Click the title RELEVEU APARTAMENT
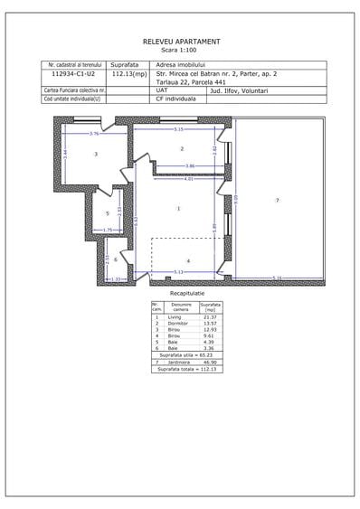(181, 42)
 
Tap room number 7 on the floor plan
(277, 199)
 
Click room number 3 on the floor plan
(95, 155)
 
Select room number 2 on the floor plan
(182, 148)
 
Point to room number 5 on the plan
(107, 213)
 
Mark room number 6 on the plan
(115, 259)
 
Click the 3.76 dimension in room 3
(93, 134)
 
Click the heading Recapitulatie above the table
(187, 294)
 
